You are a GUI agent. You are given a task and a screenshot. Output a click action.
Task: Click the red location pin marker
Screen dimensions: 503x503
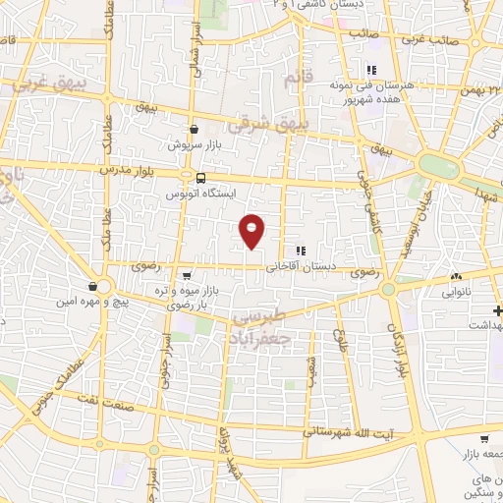tap(252, 230)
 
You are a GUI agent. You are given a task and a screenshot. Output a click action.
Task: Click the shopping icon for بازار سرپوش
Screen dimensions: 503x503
tap(194, 129)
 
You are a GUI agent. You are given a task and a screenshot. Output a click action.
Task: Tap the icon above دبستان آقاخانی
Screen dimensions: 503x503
tap(301, 251)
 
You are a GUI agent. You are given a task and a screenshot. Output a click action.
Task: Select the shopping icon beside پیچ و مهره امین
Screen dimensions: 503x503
tap(91, 286)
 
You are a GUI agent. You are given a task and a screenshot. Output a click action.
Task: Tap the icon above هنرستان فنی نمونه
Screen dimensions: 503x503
tap(371, 70)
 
